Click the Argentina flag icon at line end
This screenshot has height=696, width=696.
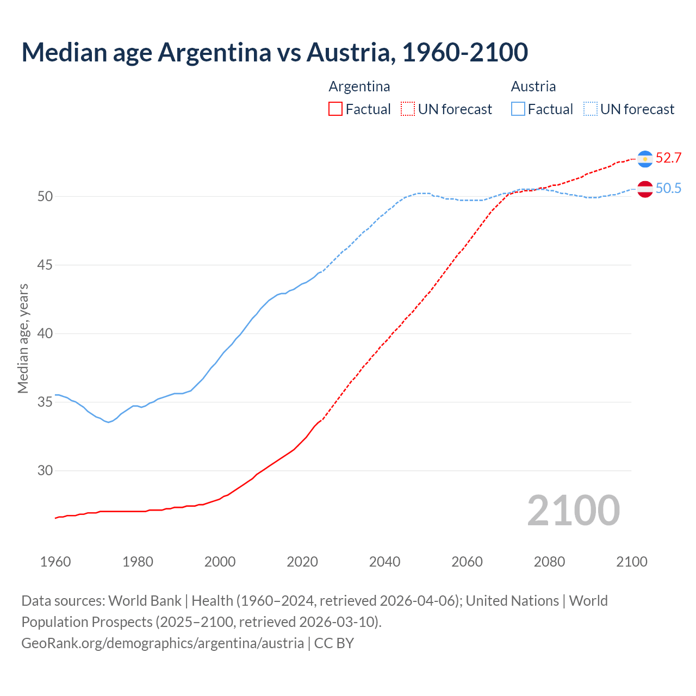pyautogui.click(x=645, y=158)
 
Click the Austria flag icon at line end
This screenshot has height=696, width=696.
pyautogui.click(x=645, y=189)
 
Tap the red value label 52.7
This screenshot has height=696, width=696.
pyautogui.click(x=668, y=158)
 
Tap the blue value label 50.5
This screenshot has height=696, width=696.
pyautogui.click(x=668, y=189)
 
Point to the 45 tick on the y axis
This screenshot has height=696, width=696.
pyautogui.click(x=45, y=265)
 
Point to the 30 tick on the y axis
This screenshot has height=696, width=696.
pyautogui.click(x=45, y=471)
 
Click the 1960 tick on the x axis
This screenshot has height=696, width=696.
pyautogui.click(x=55, y=562)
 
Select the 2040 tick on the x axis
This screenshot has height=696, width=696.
pyautogui.click(x=384, y=562)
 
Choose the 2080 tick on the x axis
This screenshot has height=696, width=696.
pyautogui.click(x=549, y=562)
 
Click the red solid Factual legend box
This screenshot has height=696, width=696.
pyautogui.click(x=335, y=109)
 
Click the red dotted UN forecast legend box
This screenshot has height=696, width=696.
pyautogui.click(x=408, y=109)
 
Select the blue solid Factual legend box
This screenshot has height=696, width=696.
pyautogui.click(x=518, y=109)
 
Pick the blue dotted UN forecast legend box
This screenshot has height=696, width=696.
pyautogui.click(x=590, y=109)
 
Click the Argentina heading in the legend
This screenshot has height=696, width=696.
pyautogui.click(x=359, y=86)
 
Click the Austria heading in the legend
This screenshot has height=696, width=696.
pyautogui.click(x=533, y=86)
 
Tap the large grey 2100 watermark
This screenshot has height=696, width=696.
pyautogui.click(x=573, y=511)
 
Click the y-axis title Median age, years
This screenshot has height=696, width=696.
pyautogui.click(x=23, y=338)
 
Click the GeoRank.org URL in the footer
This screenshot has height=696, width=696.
pyautogui.click(x=163, y=643)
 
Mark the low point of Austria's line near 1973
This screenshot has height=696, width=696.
pyautogui.click(x=109, y=422)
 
